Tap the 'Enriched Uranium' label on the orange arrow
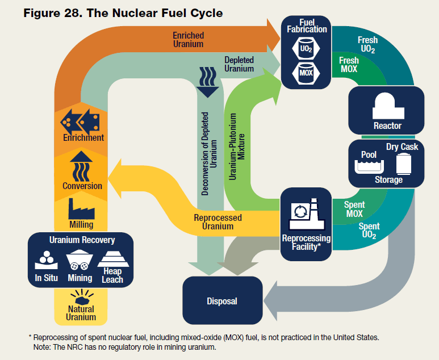point(188,40)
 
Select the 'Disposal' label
point(222,301)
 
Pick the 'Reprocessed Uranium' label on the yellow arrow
point(218,222)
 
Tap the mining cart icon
point(80,262)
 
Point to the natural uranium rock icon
point(81,298)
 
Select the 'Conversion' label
point(82,186)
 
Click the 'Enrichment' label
point(83,137)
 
